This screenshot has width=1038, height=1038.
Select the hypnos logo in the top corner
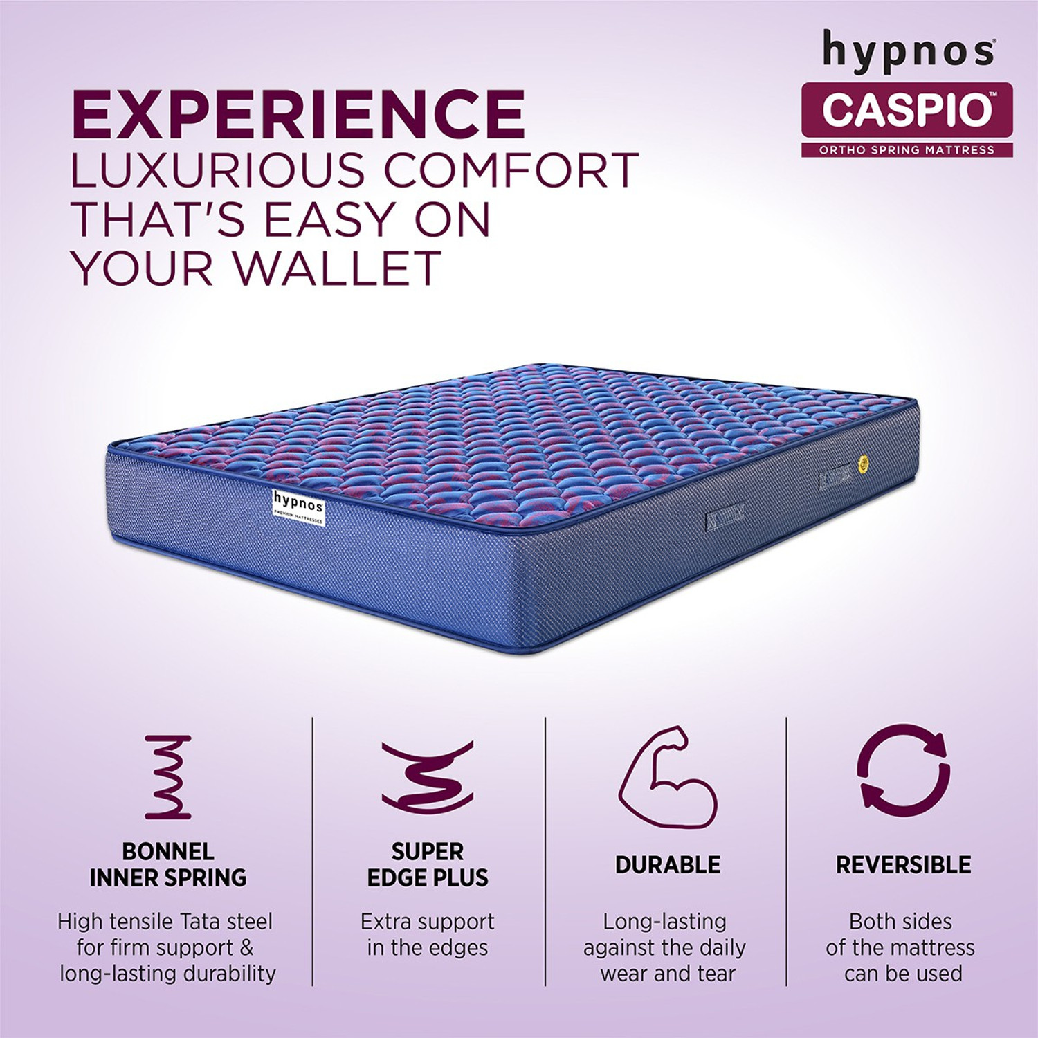[x=908, y=51]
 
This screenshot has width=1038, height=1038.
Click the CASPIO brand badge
[x=907, y=109]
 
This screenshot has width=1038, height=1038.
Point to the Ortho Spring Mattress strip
[x=907, y=149]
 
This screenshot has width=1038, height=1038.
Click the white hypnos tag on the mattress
[x=298, y=508]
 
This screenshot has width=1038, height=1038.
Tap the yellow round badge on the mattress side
[x=863, y=464]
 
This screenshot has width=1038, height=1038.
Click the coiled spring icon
[x=167, y=777]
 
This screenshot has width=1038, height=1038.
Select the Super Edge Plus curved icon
[x=428, y=777]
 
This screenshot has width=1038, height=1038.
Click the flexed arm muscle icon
[x=667, y=777]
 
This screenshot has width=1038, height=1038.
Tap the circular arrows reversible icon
[x=903, y=768]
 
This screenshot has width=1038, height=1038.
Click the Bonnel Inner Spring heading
[x=167, y=864]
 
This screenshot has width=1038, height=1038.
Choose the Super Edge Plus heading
[x=428, y=864]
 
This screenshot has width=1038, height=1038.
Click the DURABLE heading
[x=668, y=864]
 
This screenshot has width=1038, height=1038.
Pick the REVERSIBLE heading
[x=903, y=864]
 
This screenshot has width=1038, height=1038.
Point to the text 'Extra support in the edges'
[x=428, y=934]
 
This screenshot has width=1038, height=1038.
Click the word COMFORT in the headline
[x=511, y=170]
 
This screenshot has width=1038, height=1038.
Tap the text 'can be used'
[x=903, y=973]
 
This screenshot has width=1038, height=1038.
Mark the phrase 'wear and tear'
[x=668, y=973]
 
